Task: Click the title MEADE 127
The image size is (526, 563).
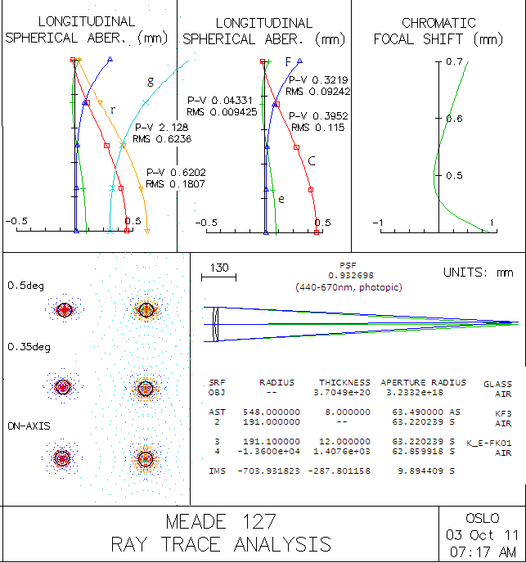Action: [220, 521]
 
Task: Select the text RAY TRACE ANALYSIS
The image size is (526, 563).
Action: [220, 544]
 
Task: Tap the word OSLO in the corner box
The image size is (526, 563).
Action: [482, 518]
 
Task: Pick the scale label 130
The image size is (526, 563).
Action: [219, 268]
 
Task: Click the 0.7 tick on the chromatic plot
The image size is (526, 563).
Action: [455, 62]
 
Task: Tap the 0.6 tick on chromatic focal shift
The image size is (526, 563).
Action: [454, 119]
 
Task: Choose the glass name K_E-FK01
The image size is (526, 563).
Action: [490, 442]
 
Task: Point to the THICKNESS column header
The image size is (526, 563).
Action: [344, 382]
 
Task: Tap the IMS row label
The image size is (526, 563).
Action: [218, 471]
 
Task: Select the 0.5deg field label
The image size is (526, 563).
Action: [25, 286]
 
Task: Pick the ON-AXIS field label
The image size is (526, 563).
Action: [29, 426]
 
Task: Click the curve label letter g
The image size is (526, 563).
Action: [151, 81]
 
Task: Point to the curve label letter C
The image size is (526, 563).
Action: [312, 160]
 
